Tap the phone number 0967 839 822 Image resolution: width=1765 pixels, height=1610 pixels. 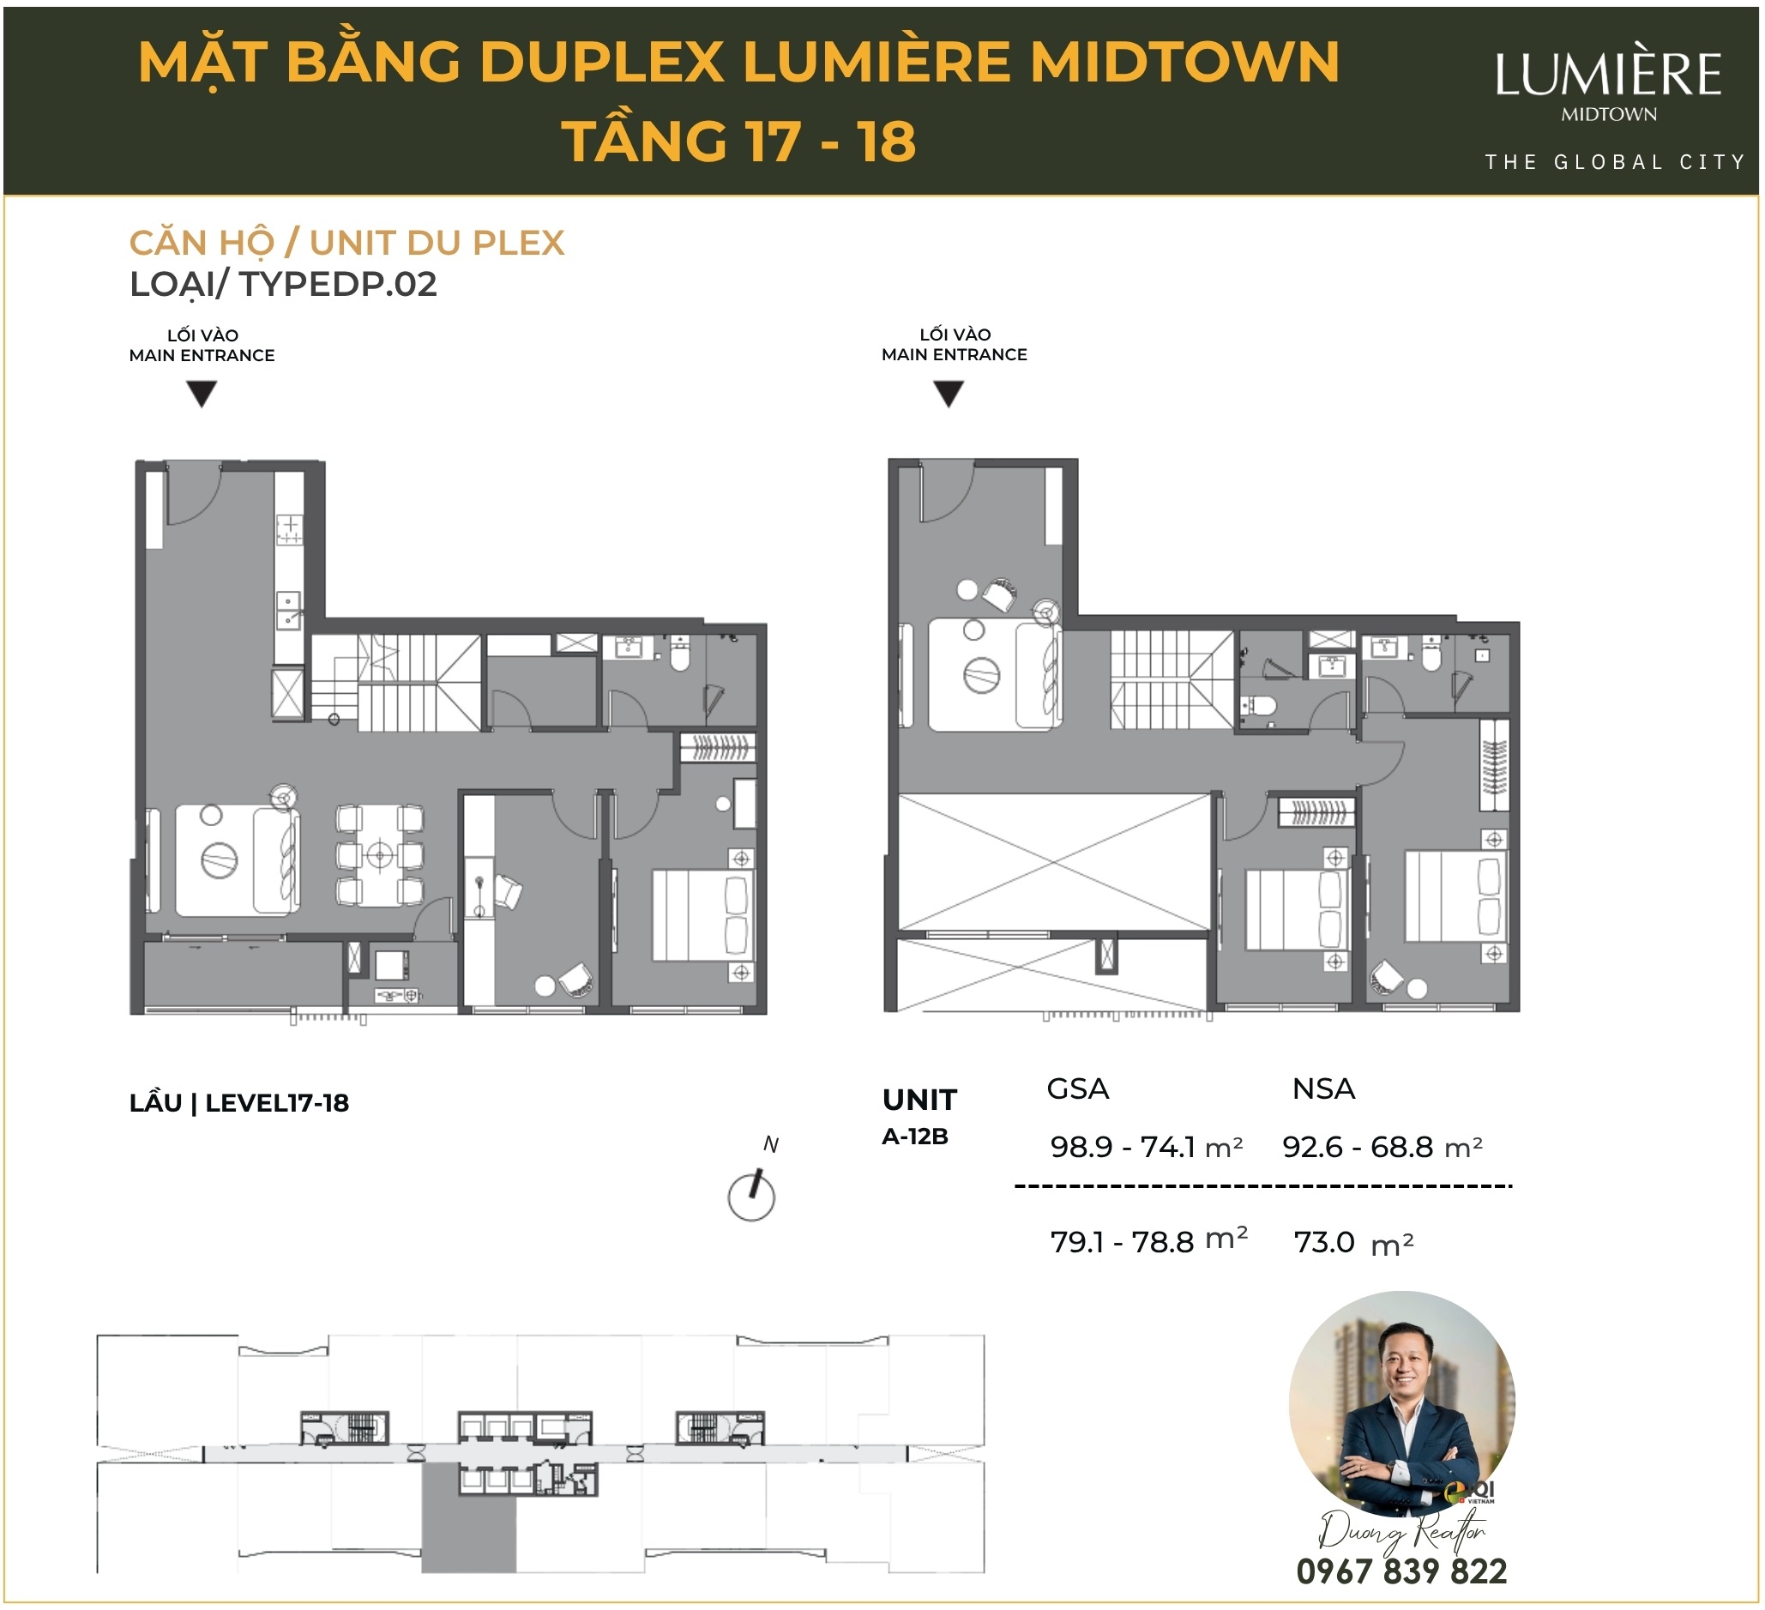[x=1401, y=1571]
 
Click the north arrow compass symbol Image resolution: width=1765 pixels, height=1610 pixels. [x=751, y=1196]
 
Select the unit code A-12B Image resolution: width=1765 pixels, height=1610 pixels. [x=915, y=1137]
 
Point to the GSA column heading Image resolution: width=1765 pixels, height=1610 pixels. [x=1078, y=1088]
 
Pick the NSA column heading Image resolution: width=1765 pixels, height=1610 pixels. [x=1322, y=1088]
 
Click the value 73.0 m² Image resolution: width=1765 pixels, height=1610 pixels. [x=1352, y=1242]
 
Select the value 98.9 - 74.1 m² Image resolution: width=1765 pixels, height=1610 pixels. [x=1145, y=1147]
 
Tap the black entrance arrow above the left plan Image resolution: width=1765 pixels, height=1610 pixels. [x=202, y=394]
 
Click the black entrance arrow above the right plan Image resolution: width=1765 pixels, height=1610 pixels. [x=949, y=394]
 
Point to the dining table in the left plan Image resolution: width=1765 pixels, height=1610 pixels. [x=380, y=854]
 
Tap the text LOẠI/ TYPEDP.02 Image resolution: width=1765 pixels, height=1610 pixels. [x=283, y=285]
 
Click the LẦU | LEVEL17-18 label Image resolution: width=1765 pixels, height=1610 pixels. [x=239, y=1103]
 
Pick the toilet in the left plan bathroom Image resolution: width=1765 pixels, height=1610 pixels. [x=679, y=653]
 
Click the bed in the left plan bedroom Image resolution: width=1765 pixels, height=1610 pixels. [x=701, y=915]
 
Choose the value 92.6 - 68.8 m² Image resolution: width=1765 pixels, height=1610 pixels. [x=1382, y=1147]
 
